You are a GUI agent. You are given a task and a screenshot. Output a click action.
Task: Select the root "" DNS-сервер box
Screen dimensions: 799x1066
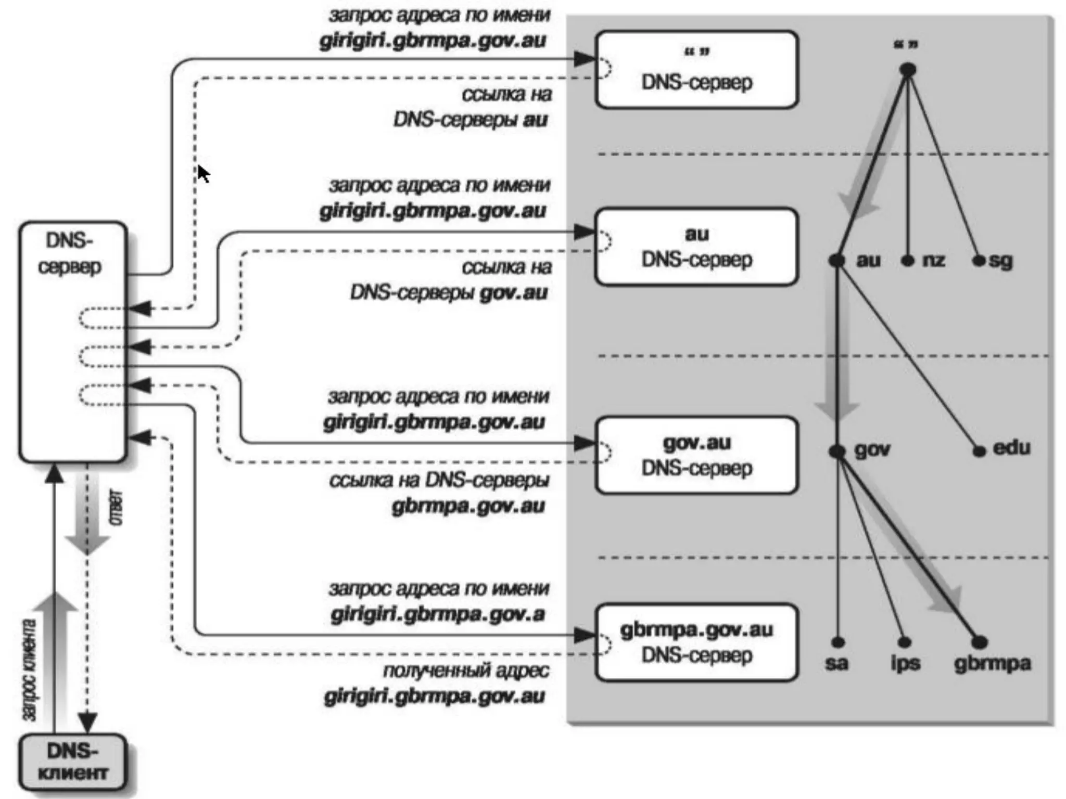pyautogui.click(x=696, y=70)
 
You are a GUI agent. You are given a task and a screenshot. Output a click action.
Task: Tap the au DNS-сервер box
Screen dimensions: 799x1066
pyautogui.click(x=696, y=247)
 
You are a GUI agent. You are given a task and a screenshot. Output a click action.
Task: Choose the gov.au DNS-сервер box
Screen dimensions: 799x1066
pyautogui.click(x=696, y=455)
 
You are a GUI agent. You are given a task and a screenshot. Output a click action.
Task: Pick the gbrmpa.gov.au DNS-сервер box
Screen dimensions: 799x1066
pyautogui.click(x=696, y=642)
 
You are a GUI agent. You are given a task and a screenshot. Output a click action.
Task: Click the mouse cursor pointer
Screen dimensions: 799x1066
pyautogui.click(x=203, y=173)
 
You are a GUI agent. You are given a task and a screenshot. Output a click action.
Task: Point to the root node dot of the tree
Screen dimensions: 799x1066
pyautogui.click(x=908, y=69)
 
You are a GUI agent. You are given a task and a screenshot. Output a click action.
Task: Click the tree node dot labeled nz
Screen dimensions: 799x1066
pyautogui.click(x=908, y=261)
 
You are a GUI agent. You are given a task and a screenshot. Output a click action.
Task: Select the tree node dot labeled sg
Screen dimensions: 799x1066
pyautogui.click(x=979, y=261)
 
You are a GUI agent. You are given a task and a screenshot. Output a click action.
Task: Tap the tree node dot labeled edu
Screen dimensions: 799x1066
pyautogui.click(x=979, y=451)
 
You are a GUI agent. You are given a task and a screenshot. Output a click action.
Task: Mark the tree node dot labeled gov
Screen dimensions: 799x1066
pyautogui.click(x=837, y=451)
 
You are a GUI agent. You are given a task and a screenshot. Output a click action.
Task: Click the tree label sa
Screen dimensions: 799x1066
pyautogui.click(x=836, y=663)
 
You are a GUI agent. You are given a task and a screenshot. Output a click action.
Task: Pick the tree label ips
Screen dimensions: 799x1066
pyautogui.click(x=905, y=663)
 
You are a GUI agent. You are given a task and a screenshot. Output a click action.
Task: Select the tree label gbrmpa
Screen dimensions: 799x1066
pyautogui.click(x=992, y=663)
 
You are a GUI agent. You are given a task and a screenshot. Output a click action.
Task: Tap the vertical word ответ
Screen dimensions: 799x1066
pyautogui.click(x=117, y=507)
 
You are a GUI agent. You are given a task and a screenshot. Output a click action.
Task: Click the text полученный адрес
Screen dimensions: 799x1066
pyautogui.click(x=466, y=671)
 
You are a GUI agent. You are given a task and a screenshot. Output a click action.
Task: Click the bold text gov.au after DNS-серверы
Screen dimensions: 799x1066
pyautogui.click(x=513, y=293)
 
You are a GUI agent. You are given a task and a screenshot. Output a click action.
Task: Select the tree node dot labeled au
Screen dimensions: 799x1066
pyautogui.click(x=837, y=261)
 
